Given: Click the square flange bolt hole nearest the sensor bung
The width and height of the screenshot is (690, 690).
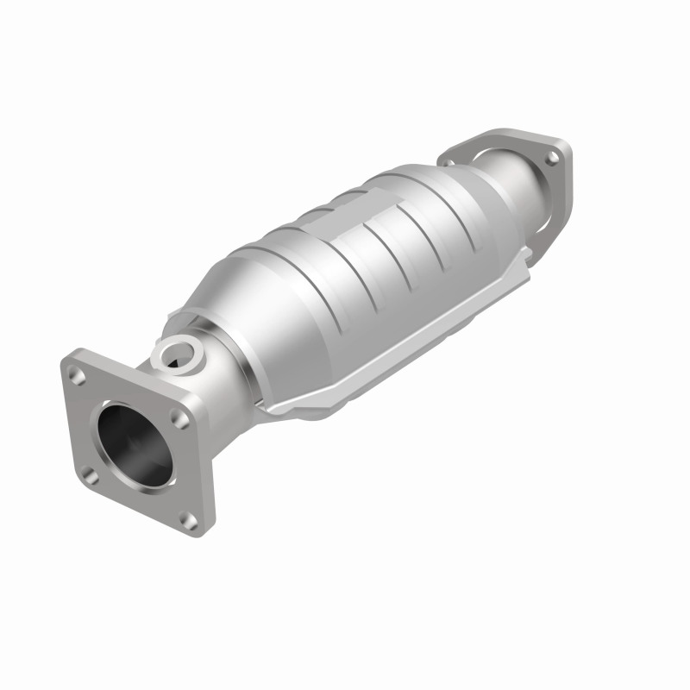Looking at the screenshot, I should point(179,417).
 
